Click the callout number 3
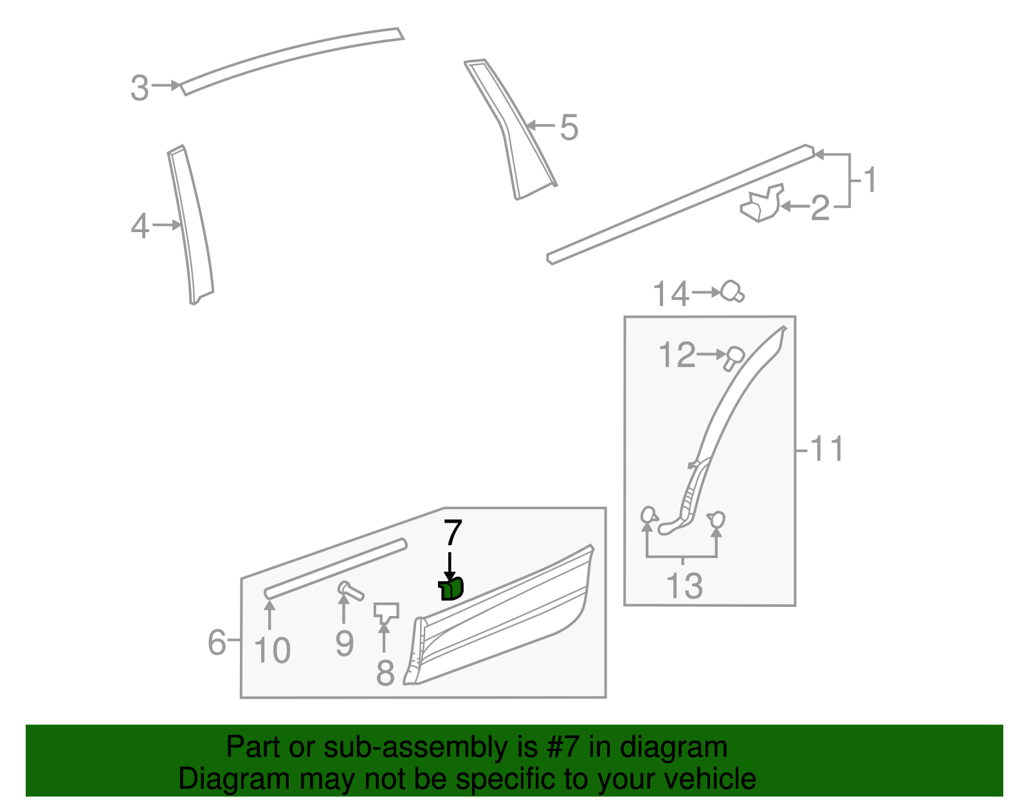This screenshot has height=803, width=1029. (140, 88)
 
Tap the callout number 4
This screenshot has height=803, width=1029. (140, 226)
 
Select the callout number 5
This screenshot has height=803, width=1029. (569, 127)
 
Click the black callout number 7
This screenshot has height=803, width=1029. (453, 534)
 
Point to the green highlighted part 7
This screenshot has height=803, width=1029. (451, 588)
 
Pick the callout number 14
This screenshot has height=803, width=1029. (671, 294)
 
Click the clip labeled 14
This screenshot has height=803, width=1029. (732, 292)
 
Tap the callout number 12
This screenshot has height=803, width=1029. (677, 356)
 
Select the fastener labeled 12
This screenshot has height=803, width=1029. (733, 357)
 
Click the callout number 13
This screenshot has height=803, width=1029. (684, 586)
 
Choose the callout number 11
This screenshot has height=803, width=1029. (826, 449)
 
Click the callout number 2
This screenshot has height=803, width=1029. (820, 208)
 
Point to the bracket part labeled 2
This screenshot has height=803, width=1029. (762, 204)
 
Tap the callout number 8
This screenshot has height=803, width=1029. (385, 673)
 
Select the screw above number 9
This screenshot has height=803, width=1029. (350, 590)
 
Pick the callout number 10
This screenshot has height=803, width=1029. (273, 651)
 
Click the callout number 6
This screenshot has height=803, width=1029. (217, 642)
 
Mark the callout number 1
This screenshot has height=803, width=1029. (870, 180)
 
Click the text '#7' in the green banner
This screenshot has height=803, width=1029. (565, 748)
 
